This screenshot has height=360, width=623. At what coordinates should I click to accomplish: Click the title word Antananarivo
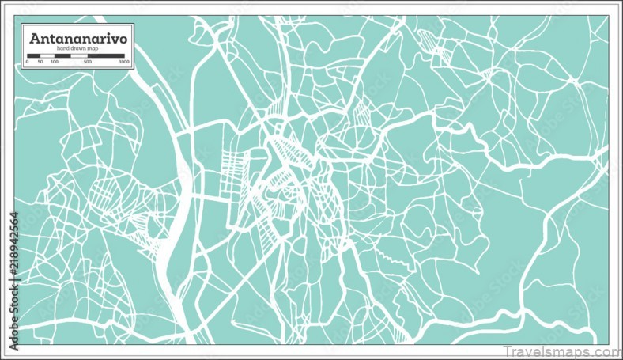[x=77, y=37]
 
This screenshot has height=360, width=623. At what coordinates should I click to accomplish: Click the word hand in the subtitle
[x=63, y=49]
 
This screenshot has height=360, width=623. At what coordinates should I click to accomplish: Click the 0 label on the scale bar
[x=27, y=61]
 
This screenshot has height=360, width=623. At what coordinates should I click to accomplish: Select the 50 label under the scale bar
[x=40, y=61]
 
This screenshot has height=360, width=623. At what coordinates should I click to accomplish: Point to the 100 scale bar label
[x=54, y=61]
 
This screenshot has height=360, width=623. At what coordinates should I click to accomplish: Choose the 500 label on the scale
[x=88, y=61]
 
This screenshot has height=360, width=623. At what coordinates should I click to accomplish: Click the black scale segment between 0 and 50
[x=33, y=55]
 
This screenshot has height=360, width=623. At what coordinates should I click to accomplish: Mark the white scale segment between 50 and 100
[x=47, y=55]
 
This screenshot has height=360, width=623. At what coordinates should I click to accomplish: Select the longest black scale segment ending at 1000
[x=106, y=55]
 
